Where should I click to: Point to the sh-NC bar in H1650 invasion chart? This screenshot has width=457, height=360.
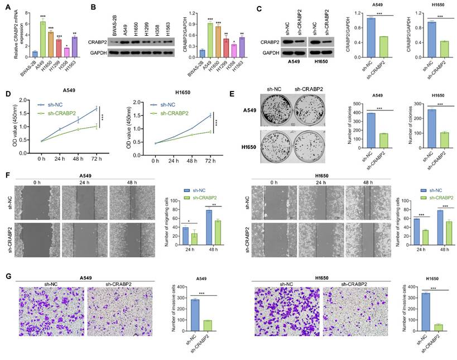[x=415, y=311]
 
